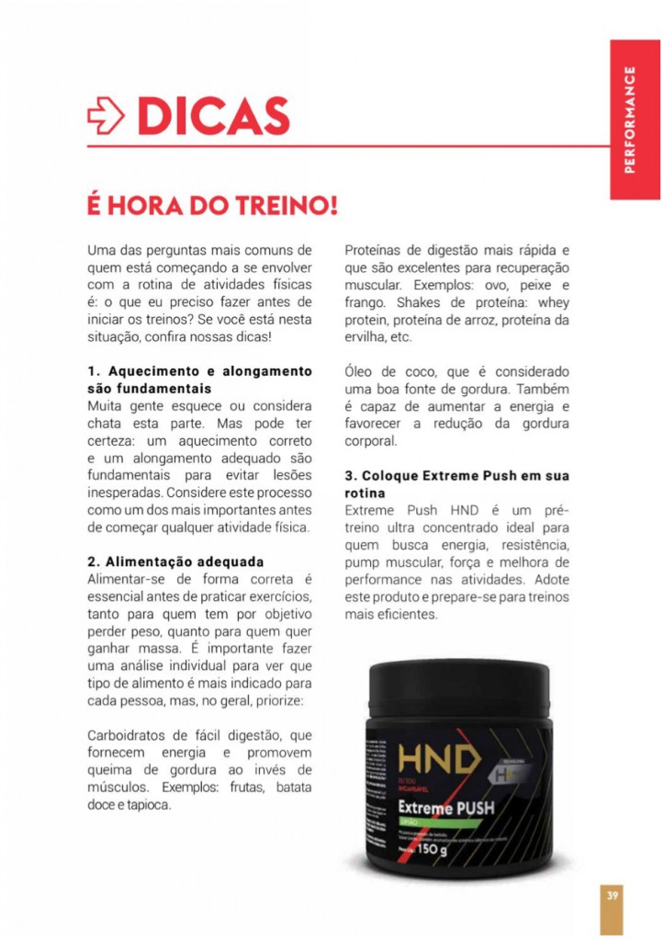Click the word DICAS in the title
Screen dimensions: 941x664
(214, 115)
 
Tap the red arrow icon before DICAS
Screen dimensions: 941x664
(107, 116)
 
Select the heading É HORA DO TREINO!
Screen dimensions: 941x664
(212, 204)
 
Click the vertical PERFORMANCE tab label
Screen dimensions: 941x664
(629, 119)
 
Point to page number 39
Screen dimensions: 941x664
(611, 894)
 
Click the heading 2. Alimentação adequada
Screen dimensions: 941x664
(175, 561)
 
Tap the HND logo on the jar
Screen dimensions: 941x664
(440, 760)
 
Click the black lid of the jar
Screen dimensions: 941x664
(459, 680)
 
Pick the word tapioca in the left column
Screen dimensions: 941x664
(148, 804)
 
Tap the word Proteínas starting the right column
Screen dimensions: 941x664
(377, 250)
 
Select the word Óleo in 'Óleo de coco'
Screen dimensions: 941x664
(362, 371)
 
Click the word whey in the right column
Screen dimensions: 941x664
(555, 302)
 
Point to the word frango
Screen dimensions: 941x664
(366, 302)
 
